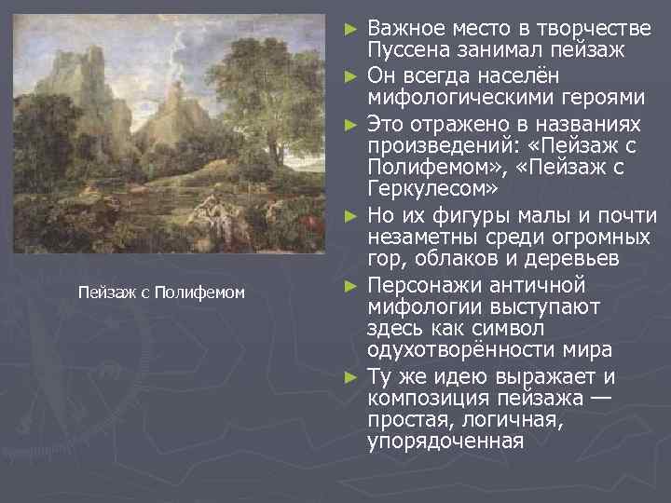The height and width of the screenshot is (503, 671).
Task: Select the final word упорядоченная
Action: (445, 440)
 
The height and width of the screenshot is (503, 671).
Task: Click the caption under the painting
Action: (161, 293)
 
